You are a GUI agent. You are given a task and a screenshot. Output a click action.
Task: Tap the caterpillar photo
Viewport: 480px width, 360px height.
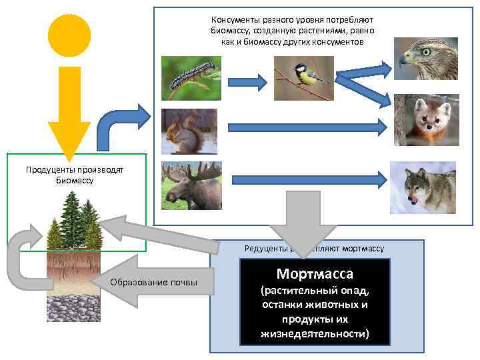click(x=191, y=77)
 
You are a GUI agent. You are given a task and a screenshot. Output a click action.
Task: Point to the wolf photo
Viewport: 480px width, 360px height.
click(x=423, y=187)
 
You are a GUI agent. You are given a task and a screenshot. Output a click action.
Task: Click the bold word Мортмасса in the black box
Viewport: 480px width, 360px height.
click(x=315, y=274)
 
